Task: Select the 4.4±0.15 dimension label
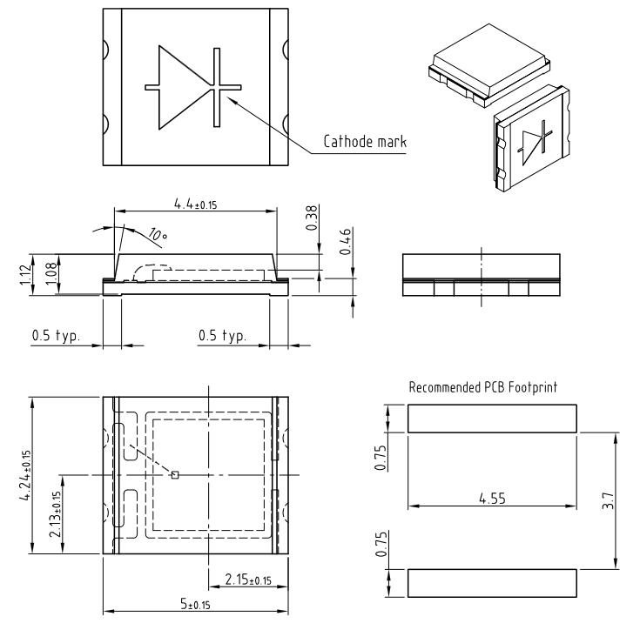pos(196,203)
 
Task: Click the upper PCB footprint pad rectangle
pos(493,419)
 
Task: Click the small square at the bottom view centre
pos(175,474)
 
